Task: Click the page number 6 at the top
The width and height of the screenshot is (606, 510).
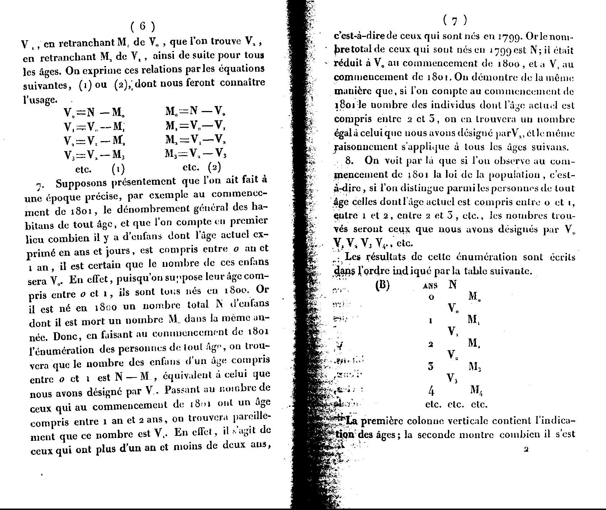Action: click(x=142, y=26)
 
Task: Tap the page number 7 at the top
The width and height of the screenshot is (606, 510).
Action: click(x=455, y=21)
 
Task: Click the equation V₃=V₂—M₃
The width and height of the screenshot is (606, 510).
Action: click(x=95, y=155)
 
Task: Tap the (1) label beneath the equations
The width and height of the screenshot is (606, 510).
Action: click(x=118, y=167)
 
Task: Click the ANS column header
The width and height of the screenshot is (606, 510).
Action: click(x=431, y=286)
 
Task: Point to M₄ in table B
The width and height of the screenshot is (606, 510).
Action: click(x=477, y=390)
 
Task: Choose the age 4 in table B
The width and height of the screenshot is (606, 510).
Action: click(x=431, y=389)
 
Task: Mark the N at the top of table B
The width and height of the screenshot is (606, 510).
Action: click(x=453, y=285)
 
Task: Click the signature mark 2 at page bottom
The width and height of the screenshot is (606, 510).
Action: click(x=526, y=450)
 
